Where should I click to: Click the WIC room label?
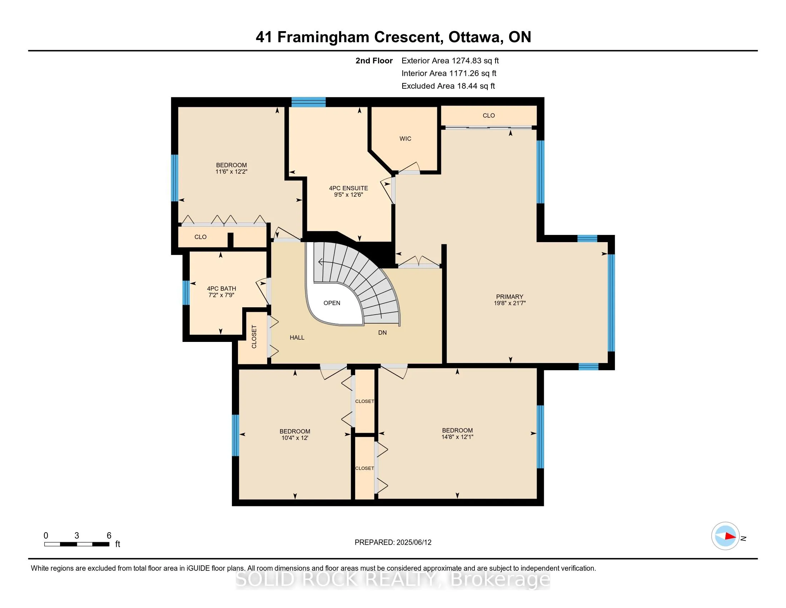405,139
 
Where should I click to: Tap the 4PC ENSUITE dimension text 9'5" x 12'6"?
348,195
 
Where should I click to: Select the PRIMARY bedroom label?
509,297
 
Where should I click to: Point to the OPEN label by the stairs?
332,303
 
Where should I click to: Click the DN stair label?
383,333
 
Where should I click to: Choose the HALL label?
297,338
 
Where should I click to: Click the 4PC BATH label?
222,289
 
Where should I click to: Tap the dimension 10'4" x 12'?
295,438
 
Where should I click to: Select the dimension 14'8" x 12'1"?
457,437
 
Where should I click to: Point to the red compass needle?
730,536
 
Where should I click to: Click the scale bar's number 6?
109,536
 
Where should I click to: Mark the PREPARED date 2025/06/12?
414,543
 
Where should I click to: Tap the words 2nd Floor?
374,61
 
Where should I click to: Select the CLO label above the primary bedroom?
489,116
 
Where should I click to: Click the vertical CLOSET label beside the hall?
254,337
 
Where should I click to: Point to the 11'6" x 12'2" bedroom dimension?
232,172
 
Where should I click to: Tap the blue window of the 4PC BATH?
186,293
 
